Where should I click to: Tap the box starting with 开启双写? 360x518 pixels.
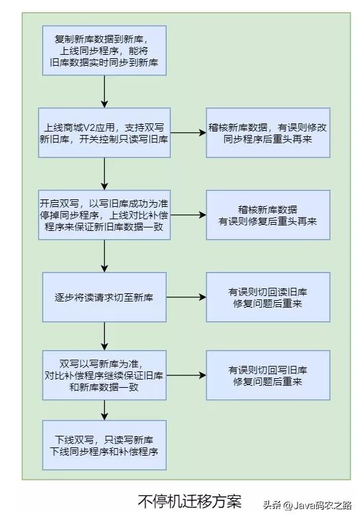pyautogui.click(x=104, y=215)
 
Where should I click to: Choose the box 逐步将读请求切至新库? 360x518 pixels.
pyautogui.click(x=104, y=297)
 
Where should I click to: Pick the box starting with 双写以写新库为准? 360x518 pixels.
pyautogui.click(x=104, y=375)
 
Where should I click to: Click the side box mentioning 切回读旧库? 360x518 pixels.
pyautogui.click(x=267, y=297)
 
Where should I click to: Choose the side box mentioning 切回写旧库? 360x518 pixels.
pyautogui.click(x=267, y=375)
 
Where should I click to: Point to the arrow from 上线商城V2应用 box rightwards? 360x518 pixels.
pyautogui.click(x=189, y=132)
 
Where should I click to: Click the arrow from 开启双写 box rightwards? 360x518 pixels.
pyautogui.click(x=189, y=215)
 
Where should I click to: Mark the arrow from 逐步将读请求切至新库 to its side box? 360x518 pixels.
pyautogui.click(x=186, y=297)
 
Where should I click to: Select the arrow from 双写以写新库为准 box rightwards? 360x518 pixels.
pyautogui.click(x=186, y=375)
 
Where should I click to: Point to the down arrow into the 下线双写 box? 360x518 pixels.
pyautogui.click(x=104, y=410)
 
